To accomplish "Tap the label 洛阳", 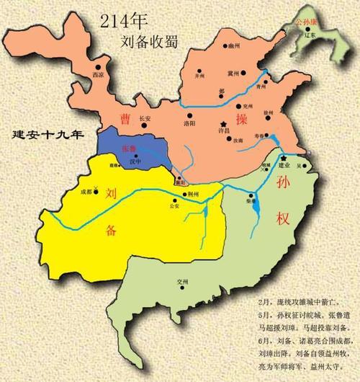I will pos(190,123).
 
